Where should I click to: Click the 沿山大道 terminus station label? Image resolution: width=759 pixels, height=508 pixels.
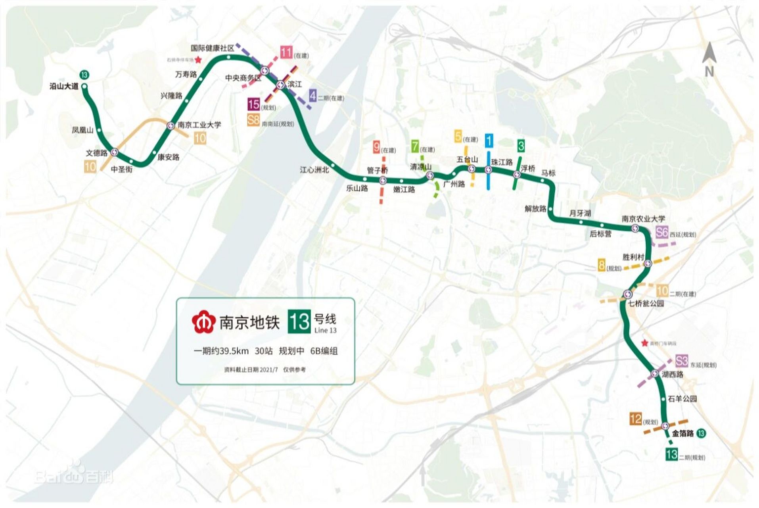pyautogui.click(x=64, y=86)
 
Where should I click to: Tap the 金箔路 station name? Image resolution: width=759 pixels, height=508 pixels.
pyautogui.click(x=682, y=433)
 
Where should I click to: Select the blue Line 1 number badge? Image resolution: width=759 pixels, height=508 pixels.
pyautogui.click(x=489, y=140)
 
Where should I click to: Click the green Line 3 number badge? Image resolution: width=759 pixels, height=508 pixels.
pyautogui.click(x=521, y=146)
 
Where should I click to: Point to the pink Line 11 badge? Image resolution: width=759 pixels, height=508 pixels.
pyautogui.click(x=286, y=52)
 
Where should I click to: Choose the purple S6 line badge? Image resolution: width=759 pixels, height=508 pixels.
pyautogui.click(x=662, y=233)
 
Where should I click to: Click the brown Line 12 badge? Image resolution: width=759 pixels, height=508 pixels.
pyautogui.click(x=636, y=419)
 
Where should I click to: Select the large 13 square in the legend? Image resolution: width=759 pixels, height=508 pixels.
pyautogui.click(x=299, y=321)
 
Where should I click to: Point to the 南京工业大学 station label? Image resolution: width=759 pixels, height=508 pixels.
pyautogui.click(x=199, y=125)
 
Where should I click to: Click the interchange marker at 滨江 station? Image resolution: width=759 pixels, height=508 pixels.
pyautogui.click(x=281, y=85)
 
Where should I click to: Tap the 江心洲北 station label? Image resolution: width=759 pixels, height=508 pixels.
pyautogui.click(x=314, y=170)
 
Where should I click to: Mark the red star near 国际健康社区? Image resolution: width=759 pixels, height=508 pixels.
pyautogui.click(x=199, y=60)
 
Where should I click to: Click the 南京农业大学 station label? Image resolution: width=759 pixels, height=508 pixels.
pyautogui.click(x=643, y=219)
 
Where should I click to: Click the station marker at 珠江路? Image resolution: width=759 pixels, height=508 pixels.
pyautogui.click(x=489, y=170)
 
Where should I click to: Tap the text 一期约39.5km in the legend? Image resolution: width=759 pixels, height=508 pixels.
pyautogui.click(x=221, y=351)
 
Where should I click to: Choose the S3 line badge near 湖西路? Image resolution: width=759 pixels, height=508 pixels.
pyautogui.click(x=681, y=361)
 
